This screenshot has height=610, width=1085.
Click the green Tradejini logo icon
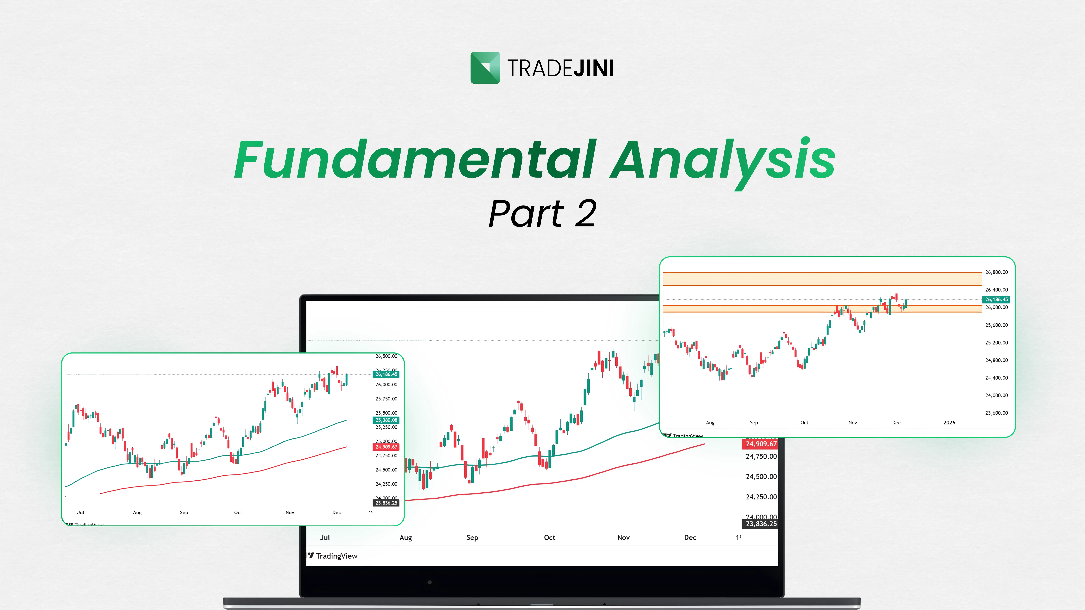485,68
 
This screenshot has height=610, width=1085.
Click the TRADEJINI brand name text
560,68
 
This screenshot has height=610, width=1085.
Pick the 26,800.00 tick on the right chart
996,272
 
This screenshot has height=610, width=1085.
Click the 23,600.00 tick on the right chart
996,413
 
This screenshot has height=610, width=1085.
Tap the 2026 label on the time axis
949,423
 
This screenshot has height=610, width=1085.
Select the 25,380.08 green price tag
386,420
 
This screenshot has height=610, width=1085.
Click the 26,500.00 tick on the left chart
386,356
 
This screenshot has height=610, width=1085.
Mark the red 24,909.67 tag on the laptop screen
761,444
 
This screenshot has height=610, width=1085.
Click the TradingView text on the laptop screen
336,556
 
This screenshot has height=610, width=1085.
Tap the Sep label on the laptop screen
472,538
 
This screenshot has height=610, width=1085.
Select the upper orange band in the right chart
821,279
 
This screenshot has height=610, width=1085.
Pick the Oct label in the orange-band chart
804,423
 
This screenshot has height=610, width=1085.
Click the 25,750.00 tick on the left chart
386,399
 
